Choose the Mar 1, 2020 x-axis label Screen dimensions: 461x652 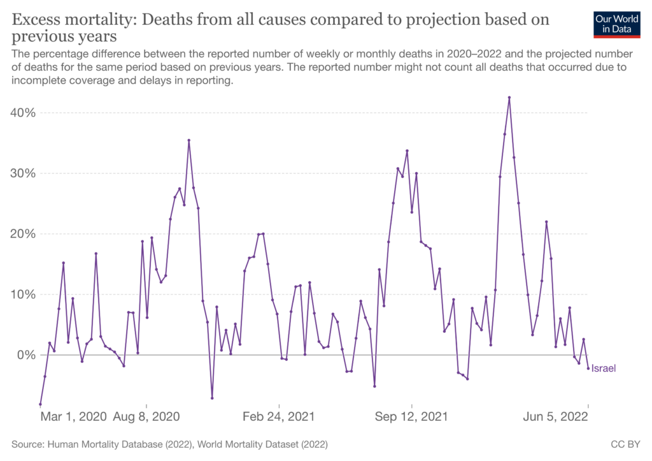tap(73, 417)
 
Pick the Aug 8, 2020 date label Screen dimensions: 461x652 tap(146, 417)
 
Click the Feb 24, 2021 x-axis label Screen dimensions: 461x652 tap(280, 417)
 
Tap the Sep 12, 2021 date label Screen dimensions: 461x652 tap(412, 417)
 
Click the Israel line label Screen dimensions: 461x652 tap(604, 368)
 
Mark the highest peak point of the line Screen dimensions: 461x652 tap(509, 98)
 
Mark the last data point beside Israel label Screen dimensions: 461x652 tap(588, 369)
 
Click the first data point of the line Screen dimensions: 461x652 tap(40, 404)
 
